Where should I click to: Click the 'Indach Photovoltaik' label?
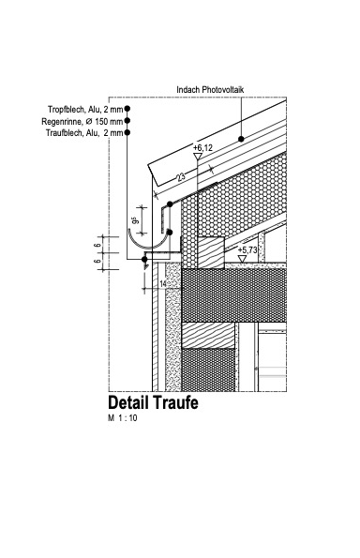[x=217, y=90]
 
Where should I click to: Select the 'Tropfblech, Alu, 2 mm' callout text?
[x=85, y=110]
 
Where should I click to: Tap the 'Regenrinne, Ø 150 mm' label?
[x=82, y=121]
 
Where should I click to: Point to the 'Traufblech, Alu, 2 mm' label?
[x=84, y=133]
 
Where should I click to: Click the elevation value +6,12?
[x=203, y=148]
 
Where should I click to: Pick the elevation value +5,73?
[x=247, y=250]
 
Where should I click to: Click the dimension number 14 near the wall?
[x=162, y=283]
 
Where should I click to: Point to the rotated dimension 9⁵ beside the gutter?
[x=135, y=221]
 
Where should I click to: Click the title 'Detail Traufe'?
[x=154, y=404]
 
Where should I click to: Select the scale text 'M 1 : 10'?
[x=123, y=419]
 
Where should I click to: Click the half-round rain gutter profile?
[x=150, y=246]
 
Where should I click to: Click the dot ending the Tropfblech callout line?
[x=127, y=110]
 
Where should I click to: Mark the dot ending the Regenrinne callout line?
[x=127, y=121]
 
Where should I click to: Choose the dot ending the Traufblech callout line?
[x=127, y=133]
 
